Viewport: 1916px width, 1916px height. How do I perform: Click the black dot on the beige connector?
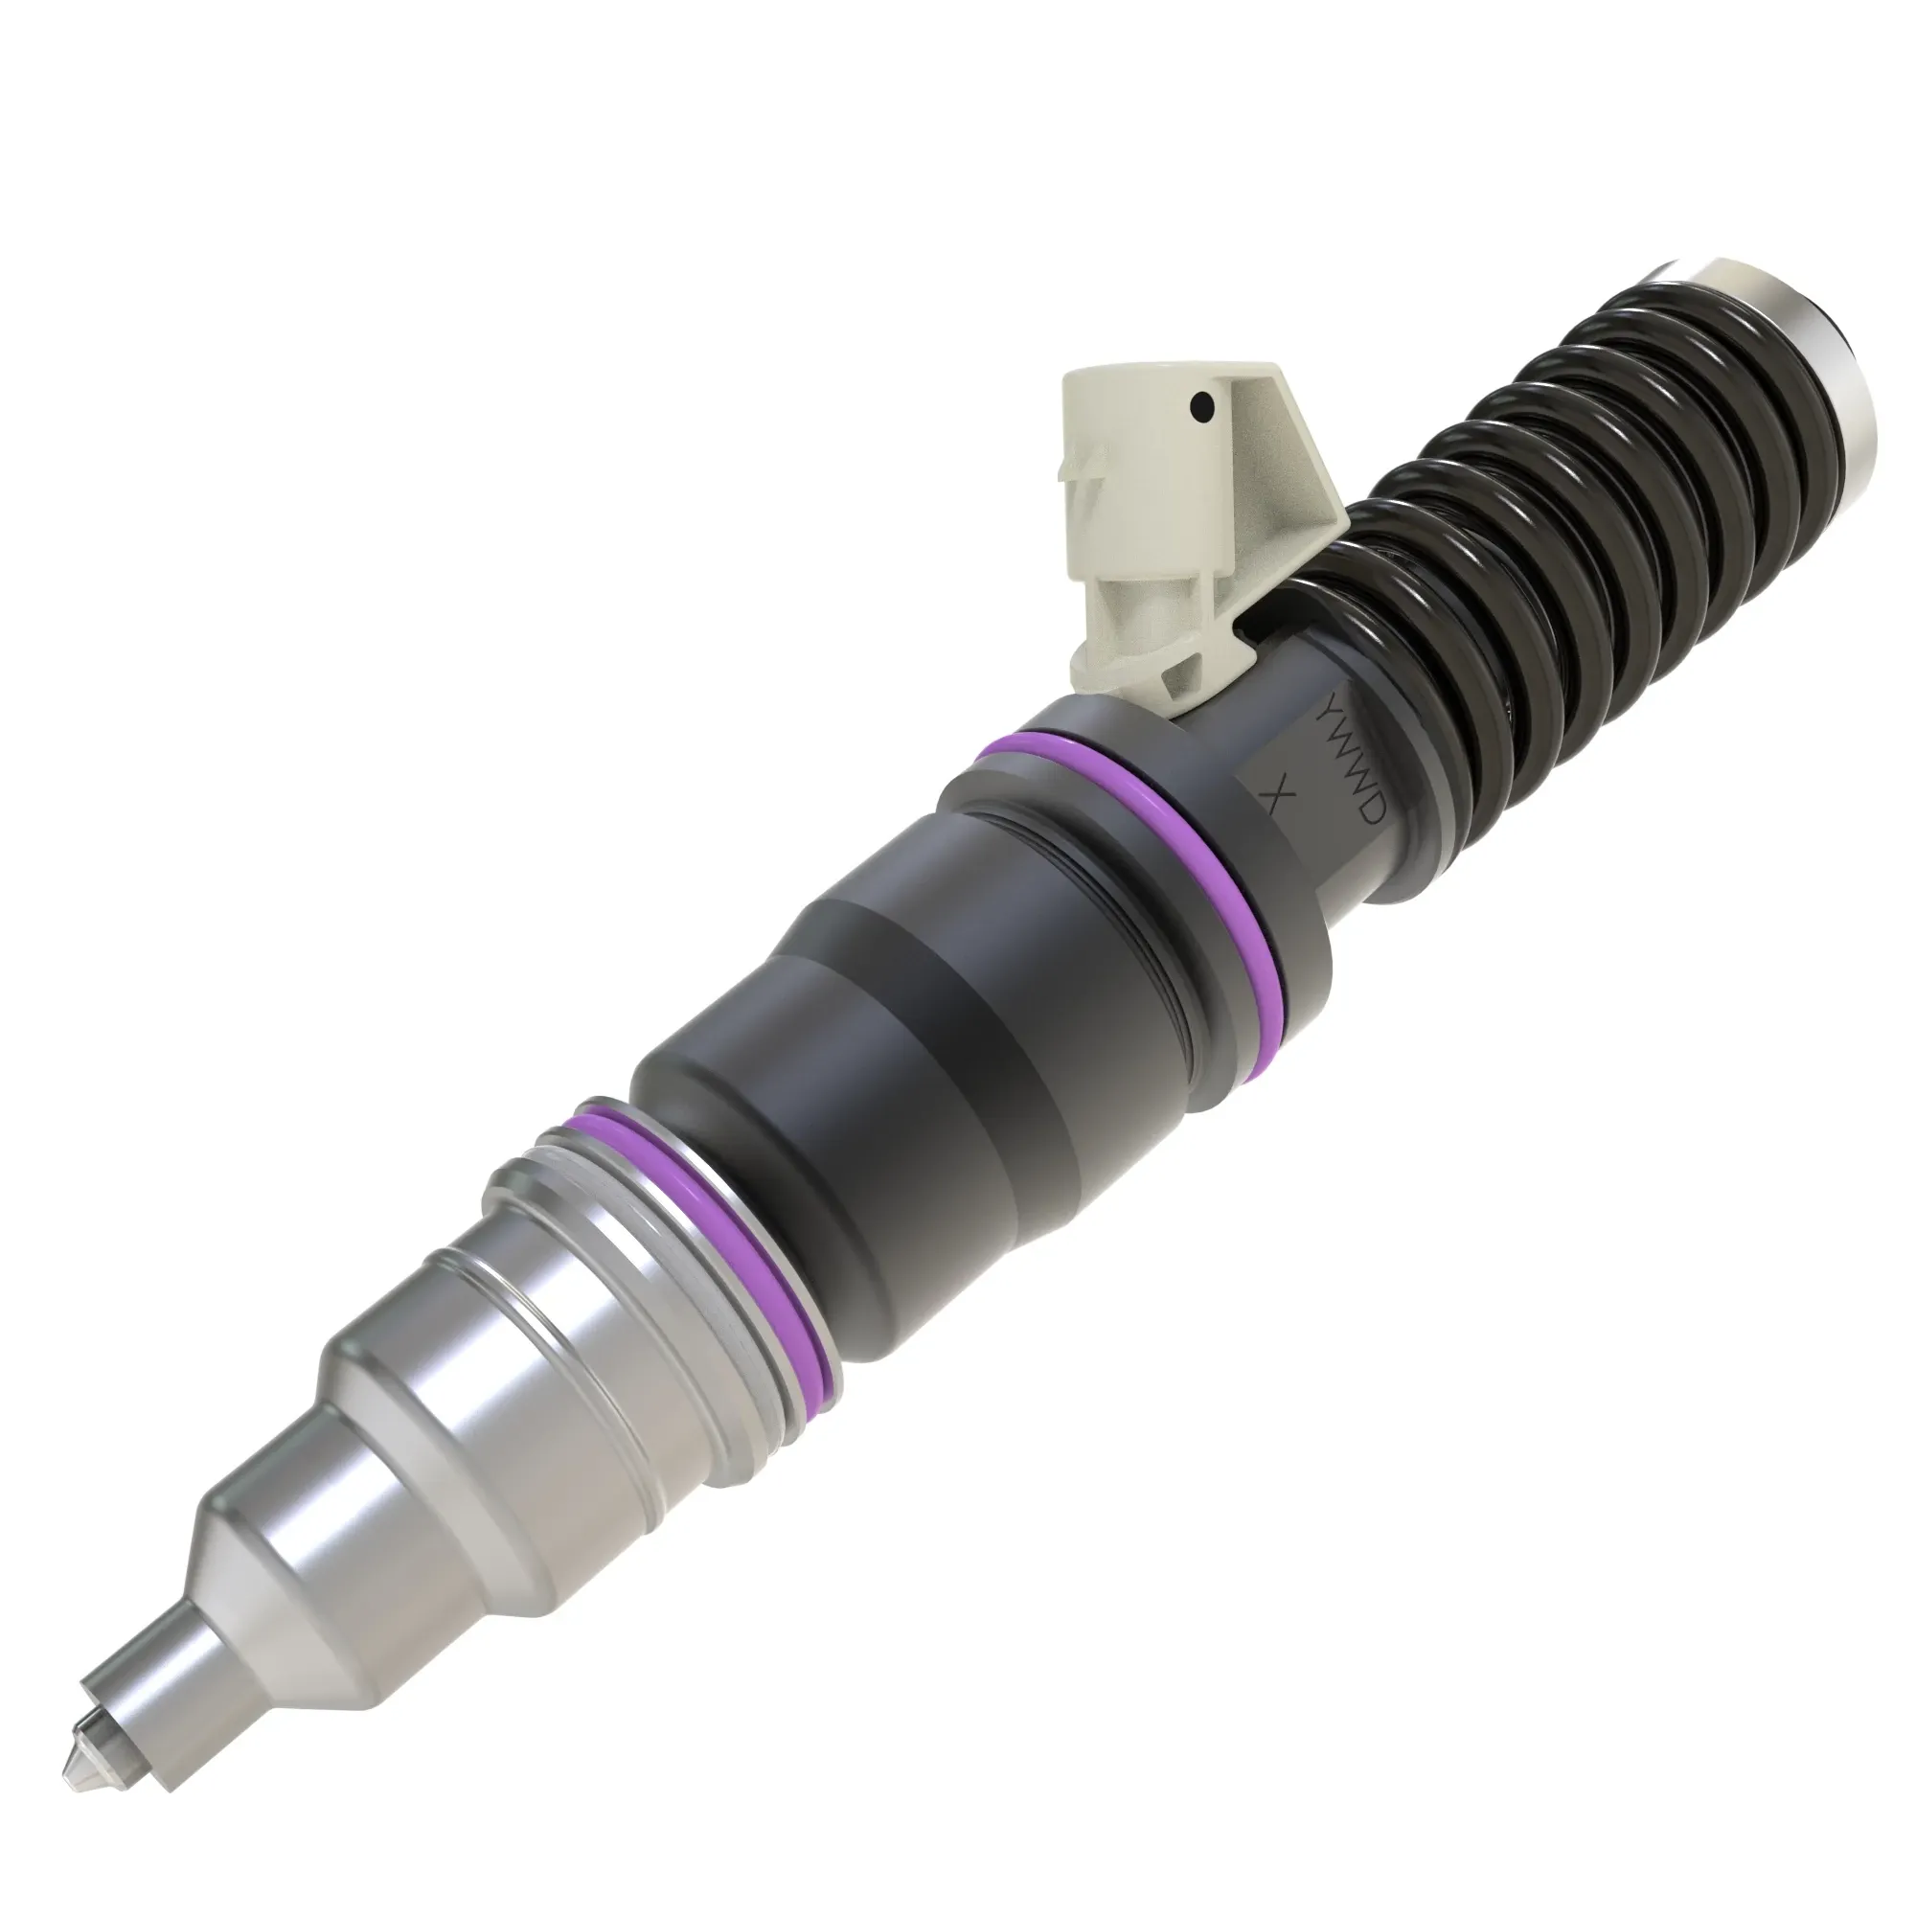1203,404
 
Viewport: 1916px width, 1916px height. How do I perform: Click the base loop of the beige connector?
1160,654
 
